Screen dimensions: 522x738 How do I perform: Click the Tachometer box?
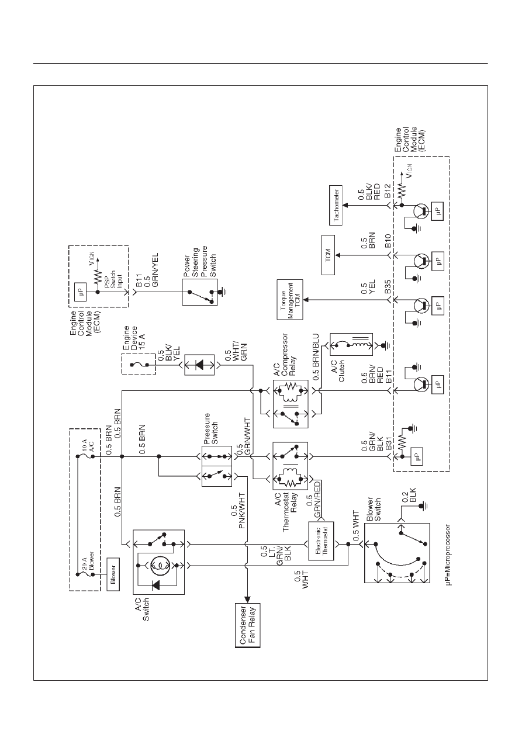pos(336,205)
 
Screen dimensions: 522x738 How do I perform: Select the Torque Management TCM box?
pos(290,300)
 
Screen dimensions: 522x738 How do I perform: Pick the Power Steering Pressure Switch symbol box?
pos(200,292)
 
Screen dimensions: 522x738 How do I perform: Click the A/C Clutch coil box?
pos(351,344)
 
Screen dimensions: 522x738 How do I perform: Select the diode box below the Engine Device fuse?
pos(199,365)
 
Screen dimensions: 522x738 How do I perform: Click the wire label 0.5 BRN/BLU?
pos(316,357)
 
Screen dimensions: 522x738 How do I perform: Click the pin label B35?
pos(388,287)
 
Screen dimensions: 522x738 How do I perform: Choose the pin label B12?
pos(388,191)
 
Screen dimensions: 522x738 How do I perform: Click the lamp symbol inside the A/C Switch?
pos(159,566)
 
